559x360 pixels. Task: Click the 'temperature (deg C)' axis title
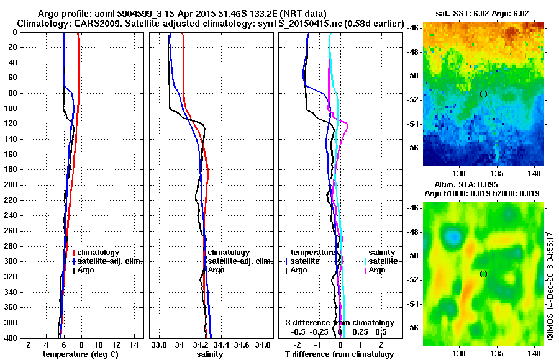click(x=80, y=354)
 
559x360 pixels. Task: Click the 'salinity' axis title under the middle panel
click(x=211, y=354)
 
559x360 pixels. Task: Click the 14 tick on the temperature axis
click(x=134, y=344)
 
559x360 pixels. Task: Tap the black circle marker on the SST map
click(x=483, y=94)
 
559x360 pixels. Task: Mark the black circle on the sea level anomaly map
click(x=483, y=274)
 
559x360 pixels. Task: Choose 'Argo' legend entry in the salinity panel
click(x=216, y=270)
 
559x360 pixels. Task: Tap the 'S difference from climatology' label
click(x=339, y=323)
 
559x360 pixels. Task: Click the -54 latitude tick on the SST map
click(x=413, y=124)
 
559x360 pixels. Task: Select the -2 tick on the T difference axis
click(x=299, y=344)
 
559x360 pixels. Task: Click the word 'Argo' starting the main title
click(x=49, y=14)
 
